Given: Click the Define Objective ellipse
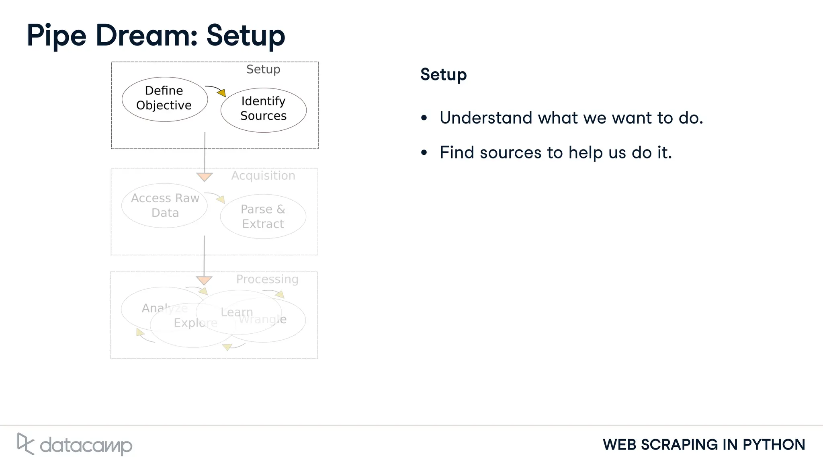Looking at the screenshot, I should (164, 99).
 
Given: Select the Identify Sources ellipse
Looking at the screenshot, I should (263, 110).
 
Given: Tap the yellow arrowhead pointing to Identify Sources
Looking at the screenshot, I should (222, 93).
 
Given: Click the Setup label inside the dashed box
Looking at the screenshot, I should (263, 70).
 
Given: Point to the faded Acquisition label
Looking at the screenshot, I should (263, 176).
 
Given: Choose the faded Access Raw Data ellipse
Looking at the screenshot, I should (165, 205).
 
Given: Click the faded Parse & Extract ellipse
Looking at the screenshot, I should (263, 217).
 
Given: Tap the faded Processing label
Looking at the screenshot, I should (267, 279).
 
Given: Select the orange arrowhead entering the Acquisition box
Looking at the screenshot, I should (205, 177).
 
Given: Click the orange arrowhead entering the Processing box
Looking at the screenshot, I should (204, 280).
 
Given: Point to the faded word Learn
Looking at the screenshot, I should (237, 312).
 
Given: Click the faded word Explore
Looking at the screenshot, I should (196, 323).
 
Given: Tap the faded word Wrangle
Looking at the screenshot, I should (263, 320).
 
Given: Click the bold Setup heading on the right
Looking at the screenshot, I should (443, 75).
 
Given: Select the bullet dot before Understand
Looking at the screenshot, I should (424, 118).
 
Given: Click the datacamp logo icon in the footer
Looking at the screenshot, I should (25, 444).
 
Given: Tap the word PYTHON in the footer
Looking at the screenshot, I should (774, 445).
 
